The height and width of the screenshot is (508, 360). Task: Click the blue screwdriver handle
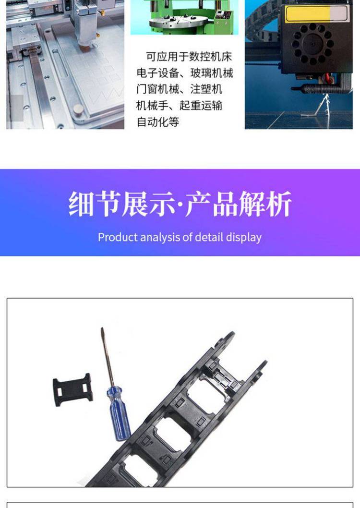(x=119, y=413)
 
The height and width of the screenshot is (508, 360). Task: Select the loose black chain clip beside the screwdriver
(x=72, y=389)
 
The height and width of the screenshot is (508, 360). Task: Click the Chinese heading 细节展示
(x=122, y=204)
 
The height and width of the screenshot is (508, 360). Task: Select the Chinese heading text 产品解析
(x=238, y=204)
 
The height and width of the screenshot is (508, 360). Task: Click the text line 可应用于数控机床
(x=189, y=57)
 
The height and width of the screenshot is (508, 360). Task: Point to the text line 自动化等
(x=157, y=122)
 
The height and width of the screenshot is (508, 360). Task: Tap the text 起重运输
(x=201, y=105)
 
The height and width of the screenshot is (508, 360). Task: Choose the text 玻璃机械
(x=212, y=73)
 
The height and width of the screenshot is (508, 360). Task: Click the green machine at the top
(x=184, y=17)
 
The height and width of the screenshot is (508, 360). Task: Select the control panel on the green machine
(x=224, y=15)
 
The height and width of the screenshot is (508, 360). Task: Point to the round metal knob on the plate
(x=78, y=110)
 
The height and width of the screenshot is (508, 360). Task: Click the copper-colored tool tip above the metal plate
(x=85, y=48)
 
